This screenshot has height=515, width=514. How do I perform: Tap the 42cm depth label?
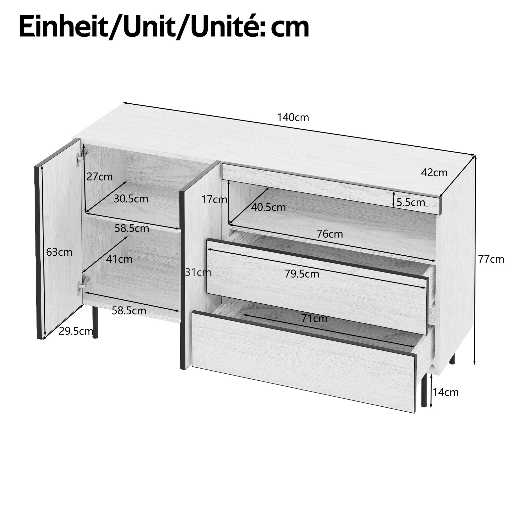click(434, 173)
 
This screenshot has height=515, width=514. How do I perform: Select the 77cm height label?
click(491, 259)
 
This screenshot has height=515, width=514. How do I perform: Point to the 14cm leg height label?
click(446, 392)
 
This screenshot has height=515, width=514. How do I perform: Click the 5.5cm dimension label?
click(411, 203)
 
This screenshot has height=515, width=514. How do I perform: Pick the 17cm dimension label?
click(214, 199)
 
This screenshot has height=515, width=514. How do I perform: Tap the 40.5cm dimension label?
click(268, 208)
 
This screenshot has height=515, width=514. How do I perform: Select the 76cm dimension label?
click(329, 234)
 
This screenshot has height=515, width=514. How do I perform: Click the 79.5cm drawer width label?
click(302, 274)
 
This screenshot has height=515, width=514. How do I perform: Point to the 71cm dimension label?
click(314, 318)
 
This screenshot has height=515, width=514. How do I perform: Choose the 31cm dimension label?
click(198, 272)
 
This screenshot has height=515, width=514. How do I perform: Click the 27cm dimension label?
click(99, 177)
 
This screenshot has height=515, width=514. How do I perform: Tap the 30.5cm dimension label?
click(131, 199)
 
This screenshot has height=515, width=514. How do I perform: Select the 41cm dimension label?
click(119, 259)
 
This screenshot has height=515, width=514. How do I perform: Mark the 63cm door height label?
click(59, 252)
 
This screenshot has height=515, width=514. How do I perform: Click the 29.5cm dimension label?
click(76, 331)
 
